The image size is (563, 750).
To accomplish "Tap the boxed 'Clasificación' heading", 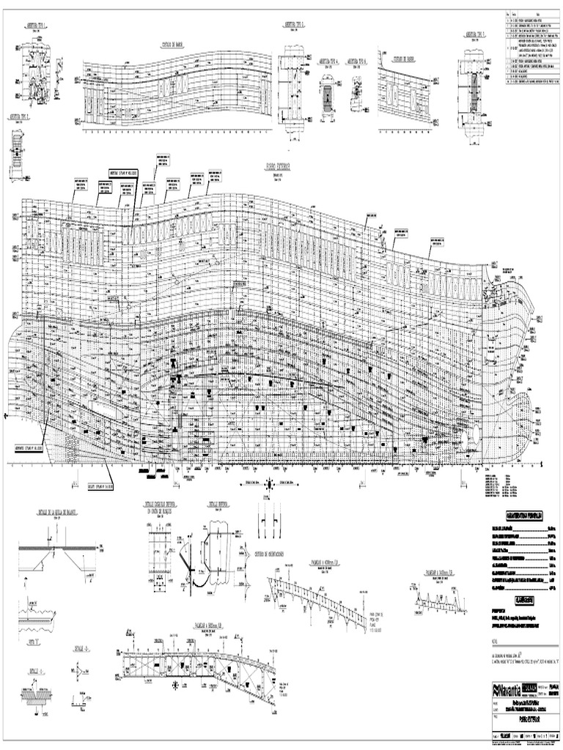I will [x=524, y=599].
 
